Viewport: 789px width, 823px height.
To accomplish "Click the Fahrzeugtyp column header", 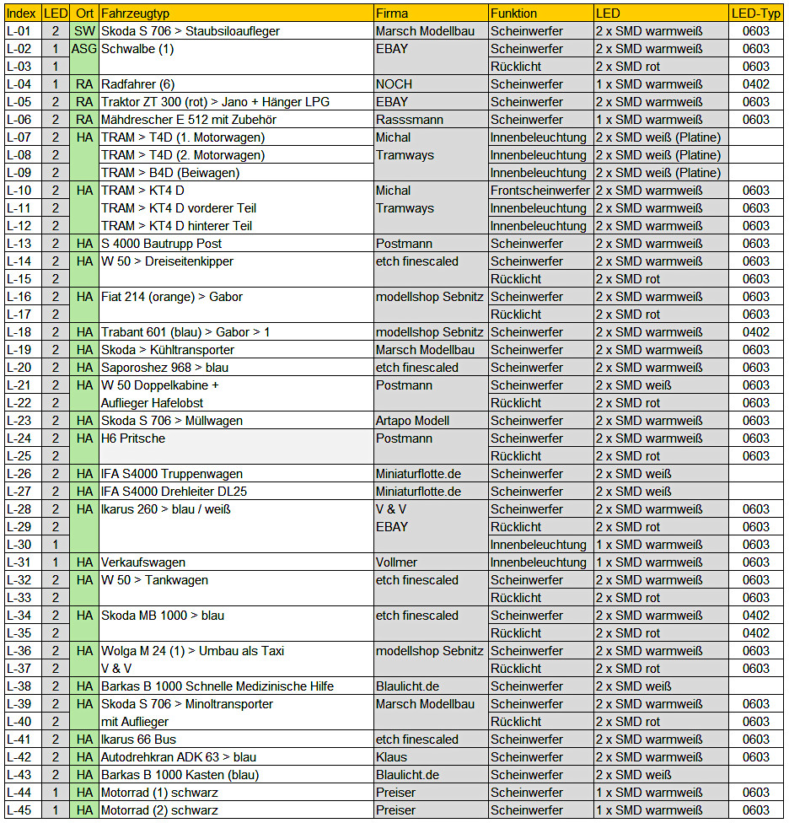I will (x=135, y=13).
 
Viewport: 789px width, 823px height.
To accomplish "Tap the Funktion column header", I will (x=513, y=13).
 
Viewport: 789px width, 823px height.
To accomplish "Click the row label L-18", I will (x=19, y=332).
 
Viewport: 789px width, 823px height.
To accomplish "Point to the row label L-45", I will (x=19, y=810).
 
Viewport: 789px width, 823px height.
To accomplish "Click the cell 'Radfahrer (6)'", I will (x=138, y=84).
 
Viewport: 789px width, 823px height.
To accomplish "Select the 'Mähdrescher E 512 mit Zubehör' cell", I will (x=189, y=120).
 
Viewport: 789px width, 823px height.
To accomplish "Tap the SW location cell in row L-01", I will (x=84, y=31).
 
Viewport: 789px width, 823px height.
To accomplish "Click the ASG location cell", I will (x=84, y=49).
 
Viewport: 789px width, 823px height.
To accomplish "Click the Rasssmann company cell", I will (x=410, y=120).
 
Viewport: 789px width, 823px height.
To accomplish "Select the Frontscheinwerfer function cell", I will (x=540, y=191).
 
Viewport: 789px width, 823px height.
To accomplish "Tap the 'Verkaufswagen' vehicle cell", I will (x=143, y=562).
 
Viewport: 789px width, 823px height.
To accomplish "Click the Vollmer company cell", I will (x=396, y=562).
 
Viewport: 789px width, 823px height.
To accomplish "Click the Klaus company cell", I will (x=391, y=757).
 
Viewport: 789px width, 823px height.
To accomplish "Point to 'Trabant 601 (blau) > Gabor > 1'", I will (x=185, y=332).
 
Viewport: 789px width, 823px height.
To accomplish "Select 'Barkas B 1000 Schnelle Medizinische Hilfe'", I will (x=215, y=686).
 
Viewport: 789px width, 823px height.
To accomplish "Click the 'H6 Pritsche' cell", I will (x=133, y=438).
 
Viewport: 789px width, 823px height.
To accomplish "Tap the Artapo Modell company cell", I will (x=412, y=421).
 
